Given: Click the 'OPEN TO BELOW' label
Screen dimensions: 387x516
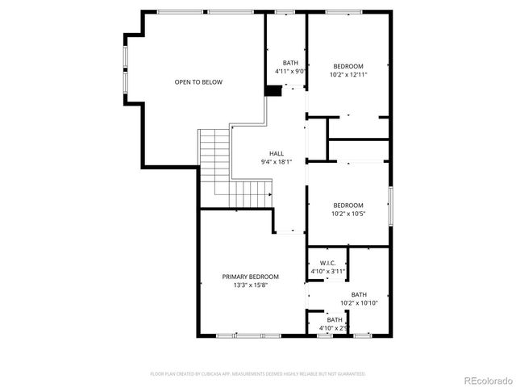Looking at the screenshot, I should [x=198, y=82].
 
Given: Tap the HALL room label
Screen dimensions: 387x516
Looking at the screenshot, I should [x=276, y=153].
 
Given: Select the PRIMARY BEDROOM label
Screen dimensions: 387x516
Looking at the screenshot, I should [x=251, y=277].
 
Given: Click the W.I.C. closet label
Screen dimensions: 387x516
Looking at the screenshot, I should [x=327, y=264].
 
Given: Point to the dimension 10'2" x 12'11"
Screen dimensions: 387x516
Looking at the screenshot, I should [x=348, y=74].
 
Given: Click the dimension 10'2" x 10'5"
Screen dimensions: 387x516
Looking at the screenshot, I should [x=348, y=214].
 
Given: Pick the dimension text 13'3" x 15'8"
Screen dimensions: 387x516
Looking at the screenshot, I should [x=251, y=285].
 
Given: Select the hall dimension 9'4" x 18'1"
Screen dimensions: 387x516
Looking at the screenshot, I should [x=276, y=162].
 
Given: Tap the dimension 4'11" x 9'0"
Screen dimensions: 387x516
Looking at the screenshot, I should [x=290, y=71].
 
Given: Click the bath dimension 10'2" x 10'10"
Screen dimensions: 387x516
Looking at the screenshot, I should [x=359, y=303].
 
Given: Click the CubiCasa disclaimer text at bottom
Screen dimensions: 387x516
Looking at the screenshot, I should [x=258, y=374].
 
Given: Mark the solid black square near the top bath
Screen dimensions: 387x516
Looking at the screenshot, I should [x=273, y=91].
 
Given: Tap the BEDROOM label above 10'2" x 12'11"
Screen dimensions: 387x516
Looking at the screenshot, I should [x=348, y=65].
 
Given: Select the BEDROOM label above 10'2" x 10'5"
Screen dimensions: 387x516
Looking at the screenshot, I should [x=348, y=205].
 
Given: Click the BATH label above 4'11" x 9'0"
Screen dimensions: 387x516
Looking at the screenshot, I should [x=290, y=63].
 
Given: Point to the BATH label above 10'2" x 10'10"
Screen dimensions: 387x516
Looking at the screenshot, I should [x=359, y=294].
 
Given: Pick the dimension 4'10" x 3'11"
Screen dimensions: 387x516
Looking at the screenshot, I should [x=327, y=272].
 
